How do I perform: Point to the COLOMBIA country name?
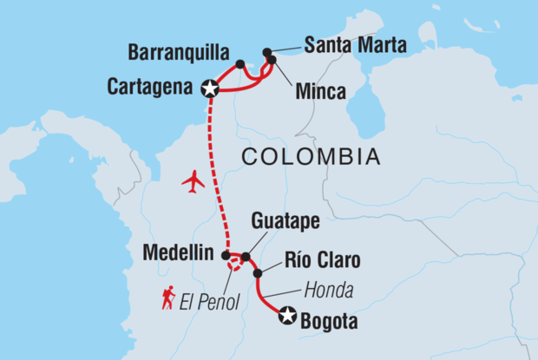point(312,157)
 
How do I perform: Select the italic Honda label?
point(328,291)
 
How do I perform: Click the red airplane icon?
point(193,182)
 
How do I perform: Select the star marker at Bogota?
point(287,317)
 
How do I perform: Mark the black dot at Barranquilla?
point(240,63)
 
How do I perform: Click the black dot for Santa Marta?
point(267,51)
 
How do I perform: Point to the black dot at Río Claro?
point(257,273)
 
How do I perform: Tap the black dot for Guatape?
point(246,257)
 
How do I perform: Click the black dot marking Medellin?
point(225,255)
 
